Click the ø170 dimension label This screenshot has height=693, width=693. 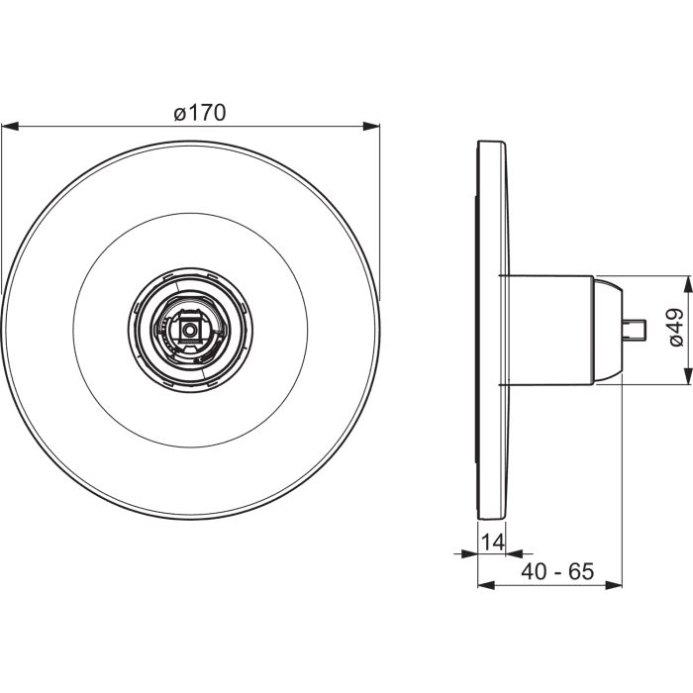click(x=200, y=113)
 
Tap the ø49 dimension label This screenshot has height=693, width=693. click(x=676, y=328)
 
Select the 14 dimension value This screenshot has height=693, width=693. click(x=492, y=542)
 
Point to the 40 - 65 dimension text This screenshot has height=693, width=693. click(x=557, y=571)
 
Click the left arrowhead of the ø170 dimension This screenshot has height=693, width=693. click(x=10, y=127)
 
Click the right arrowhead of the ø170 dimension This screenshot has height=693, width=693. click(x=371, y=127)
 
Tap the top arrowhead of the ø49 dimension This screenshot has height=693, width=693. click(x=687, y=284)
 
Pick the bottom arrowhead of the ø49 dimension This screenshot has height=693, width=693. click(x=687, y=376)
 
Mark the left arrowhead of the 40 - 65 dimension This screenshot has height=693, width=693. click(x=486, y=585)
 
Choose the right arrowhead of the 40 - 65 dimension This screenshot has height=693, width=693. click(x=614, y=585)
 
